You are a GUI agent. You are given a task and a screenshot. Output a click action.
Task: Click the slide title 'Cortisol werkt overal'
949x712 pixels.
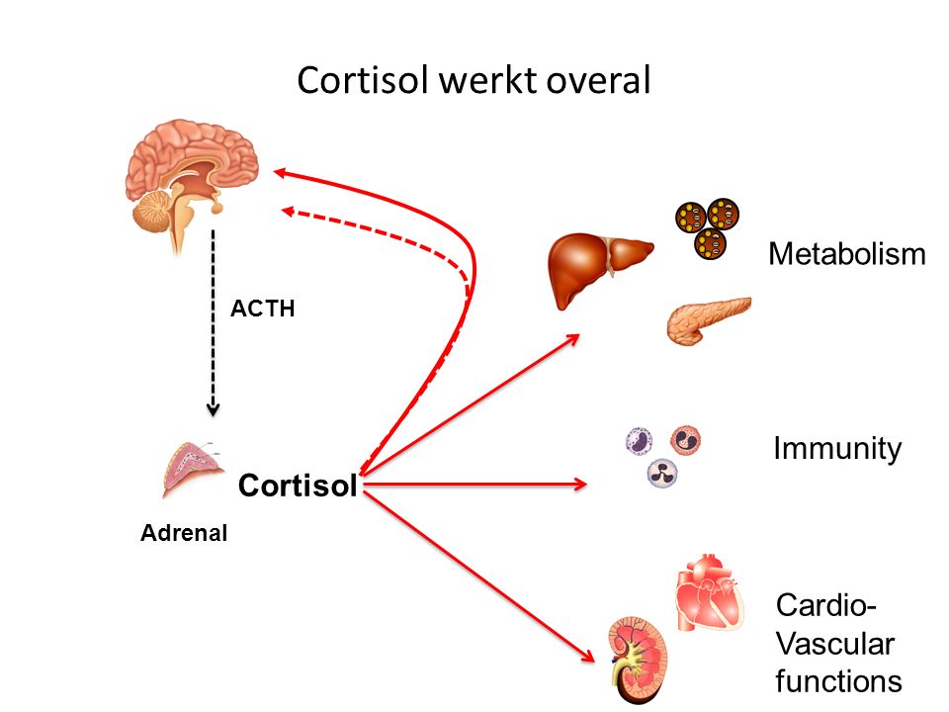[474, 81]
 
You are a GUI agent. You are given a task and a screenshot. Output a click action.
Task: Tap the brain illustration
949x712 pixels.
[194, 173]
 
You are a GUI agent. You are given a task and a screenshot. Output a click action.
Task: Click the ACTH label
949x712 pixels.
[263, 309]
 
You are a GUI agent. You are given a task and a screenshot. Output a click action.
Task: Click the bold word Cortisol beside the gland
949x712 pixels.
[298, 487]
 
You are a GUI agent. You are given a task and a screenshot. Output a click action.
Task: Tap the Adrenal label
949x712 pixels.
[184, 534]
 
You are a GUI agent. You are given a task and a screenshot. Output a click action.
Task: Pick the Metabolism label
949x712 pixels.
[847, 255]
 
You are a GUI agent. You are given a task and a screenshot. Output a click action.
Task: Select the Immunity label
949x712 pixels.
[837, 450]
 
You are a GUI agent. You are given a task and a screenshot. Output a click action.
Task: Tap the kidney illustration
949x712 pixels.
[638, 654]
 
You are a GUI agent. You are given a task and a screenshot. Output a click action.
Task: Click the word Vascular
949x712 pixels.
[834, 645]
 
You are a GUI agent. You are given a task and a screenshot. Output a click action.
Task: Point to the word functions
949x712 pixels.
[838, 681]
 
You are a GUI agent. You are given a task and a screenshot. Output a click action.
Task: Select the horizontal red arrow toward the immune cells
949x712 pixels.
[474, 485]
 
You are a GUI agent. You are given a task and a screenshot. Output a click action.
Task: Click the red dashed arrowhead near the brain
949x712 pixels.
[290, 210]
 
